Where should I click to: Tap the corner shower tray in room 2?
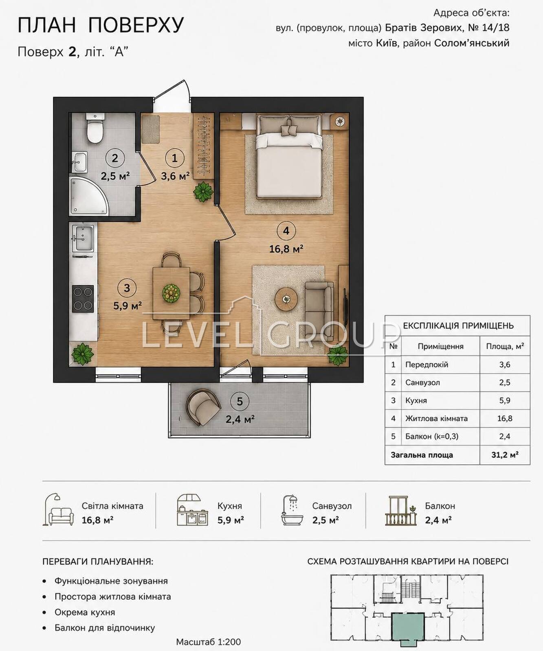click(x=88, y=196)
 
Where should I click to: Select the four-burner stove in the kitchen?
click(x=83, y=299)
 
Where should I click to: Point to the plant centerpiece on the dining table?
click(x=171, y=293)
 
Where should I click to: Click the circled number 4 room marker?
click(x=286, y=231)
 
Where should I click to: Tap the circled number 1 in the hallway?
click(x=175, y=158)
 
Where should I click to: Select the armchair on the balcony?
click(x=202, y=406)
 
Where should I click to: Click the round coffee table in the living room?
click(x=286, y=299)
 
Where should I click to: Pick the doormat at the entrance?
click(x=151, y=129)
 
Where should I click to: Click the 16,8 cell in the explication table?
click(x=505, y=418)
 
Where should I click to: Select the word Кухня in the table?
click(x=416, y=400)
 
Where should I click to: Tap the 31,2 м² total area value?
click(x=505, y=455)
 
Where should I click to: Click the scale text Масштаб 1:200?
click(x=208, y=642)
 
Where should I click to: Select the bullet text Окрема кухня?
click(x=85, y=612)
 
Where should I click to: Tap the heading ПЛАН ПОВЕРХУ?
click(x=101, y=25)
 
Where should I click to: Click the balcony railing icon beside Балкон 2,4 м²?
click(x=401, y=511)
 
